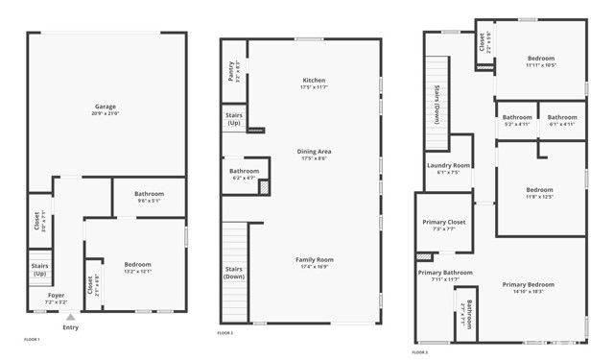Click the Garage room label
point(106,106)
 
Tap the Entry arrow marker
point(70,317)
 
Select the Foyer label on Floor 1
point(57,295)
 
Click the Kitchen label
point(314,80)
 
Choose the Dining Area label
point(314,152)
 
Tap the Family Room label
point(314,259)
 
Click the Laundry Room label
point(448,165)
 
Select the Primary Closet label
point(443,223)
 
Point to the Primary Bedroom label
point(529,284)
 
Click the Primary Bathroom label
point(445,273)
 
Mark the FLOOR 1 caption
point(33,339)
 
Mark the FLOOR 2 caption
point(225,332)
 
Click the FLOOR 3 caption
point(420,351)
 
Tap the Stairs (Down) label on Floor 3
point(437,101)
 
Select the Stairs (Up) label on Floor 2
point(233,120)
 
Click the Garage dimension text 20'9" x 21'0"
point(106,113)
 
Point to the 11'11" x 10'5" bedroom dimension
point(541,65)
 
